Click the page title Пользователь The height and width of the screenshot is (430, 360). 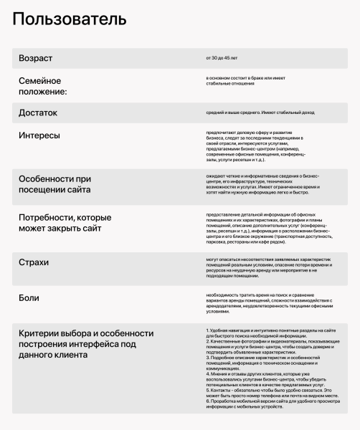[x=70, y=19]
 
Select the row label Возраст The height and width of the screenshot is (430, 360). [x=35, y=58]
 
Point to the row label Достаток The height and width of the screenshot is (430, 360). [x=38, y=113]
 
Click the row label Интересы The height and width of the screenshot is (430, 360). [x=39, y=135]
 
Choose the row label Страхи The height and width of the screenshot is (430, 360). [x=34, y=262]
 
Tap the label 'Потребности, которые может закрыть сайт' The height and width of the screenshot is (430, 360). [x=65, y=223]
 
